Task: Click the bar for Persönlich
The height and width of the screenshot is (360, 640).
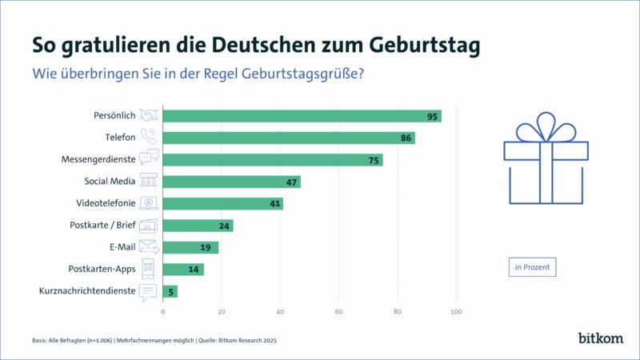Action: [x=302, y=116]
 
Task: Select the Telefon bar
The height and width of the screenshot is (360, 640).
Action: [x=288, y=138]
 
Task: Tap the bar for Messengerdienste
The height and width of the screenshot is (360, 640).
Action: [x=272, y=160]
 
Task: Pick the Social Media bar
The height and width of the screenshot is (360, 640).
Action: [x=231, y=182]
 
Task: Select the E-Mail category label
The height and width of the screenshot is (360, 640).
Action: [x=120, y=247]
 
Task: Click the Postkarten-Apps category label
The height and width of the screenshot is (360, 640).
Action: [x=103, y=269]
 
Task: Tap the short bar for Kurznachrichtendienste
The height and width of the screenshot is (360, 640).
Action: [x=170, y=291]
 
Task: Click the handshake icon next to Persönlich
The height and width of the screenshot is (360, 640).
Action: [x=149, y=116]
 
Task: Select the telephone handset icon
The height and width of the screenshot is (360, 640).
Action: [x=149, y=138]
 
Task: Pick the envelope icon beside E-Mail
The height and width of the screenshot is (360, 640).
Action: [x=149, y=247]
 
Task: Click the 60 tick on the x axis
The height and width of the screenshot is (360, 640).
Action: [x=339, y=311]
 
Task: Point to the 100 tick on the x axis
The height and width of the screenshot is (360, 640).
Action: [x=457, y=311]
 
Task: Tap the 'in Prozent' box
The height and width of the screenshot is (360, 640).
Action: [x=532, y=266]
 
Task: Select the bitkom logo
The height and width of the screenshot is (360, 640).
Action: [x=600, y=338]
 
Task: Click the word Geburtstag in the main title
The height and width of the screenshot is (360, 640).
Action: [x=417, y=43]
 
